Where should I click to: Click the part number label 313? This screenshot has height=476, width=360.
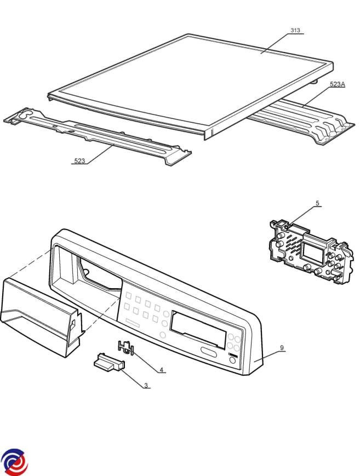(x=295, y=30)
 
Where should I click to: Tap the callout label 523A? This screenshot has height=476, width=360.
(x=337, y=84)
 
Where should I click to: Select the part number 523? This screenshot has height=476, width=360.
(x=79, y=161)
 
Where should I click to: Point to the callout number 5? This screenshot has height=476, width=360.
(x=317, y=203)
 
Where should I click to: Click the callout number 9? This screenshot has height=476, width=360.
(x=282, y=348)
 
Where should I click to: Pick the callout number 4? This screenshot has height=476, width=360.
(x=162, y=370)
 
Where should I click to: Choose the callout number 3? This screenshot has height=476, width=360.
(x=146, y=386)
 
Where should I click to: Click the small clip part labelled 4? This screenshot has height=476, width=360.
(x=126, y=347)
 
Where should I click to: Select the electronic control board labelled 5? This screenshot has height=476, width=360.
(x=311, y=252)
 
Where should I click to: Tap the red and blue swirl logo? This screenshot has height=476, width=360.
(x=14, y=462)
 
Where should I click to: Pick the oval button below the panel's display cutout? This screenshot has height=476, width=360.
(x=209, y=352)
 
